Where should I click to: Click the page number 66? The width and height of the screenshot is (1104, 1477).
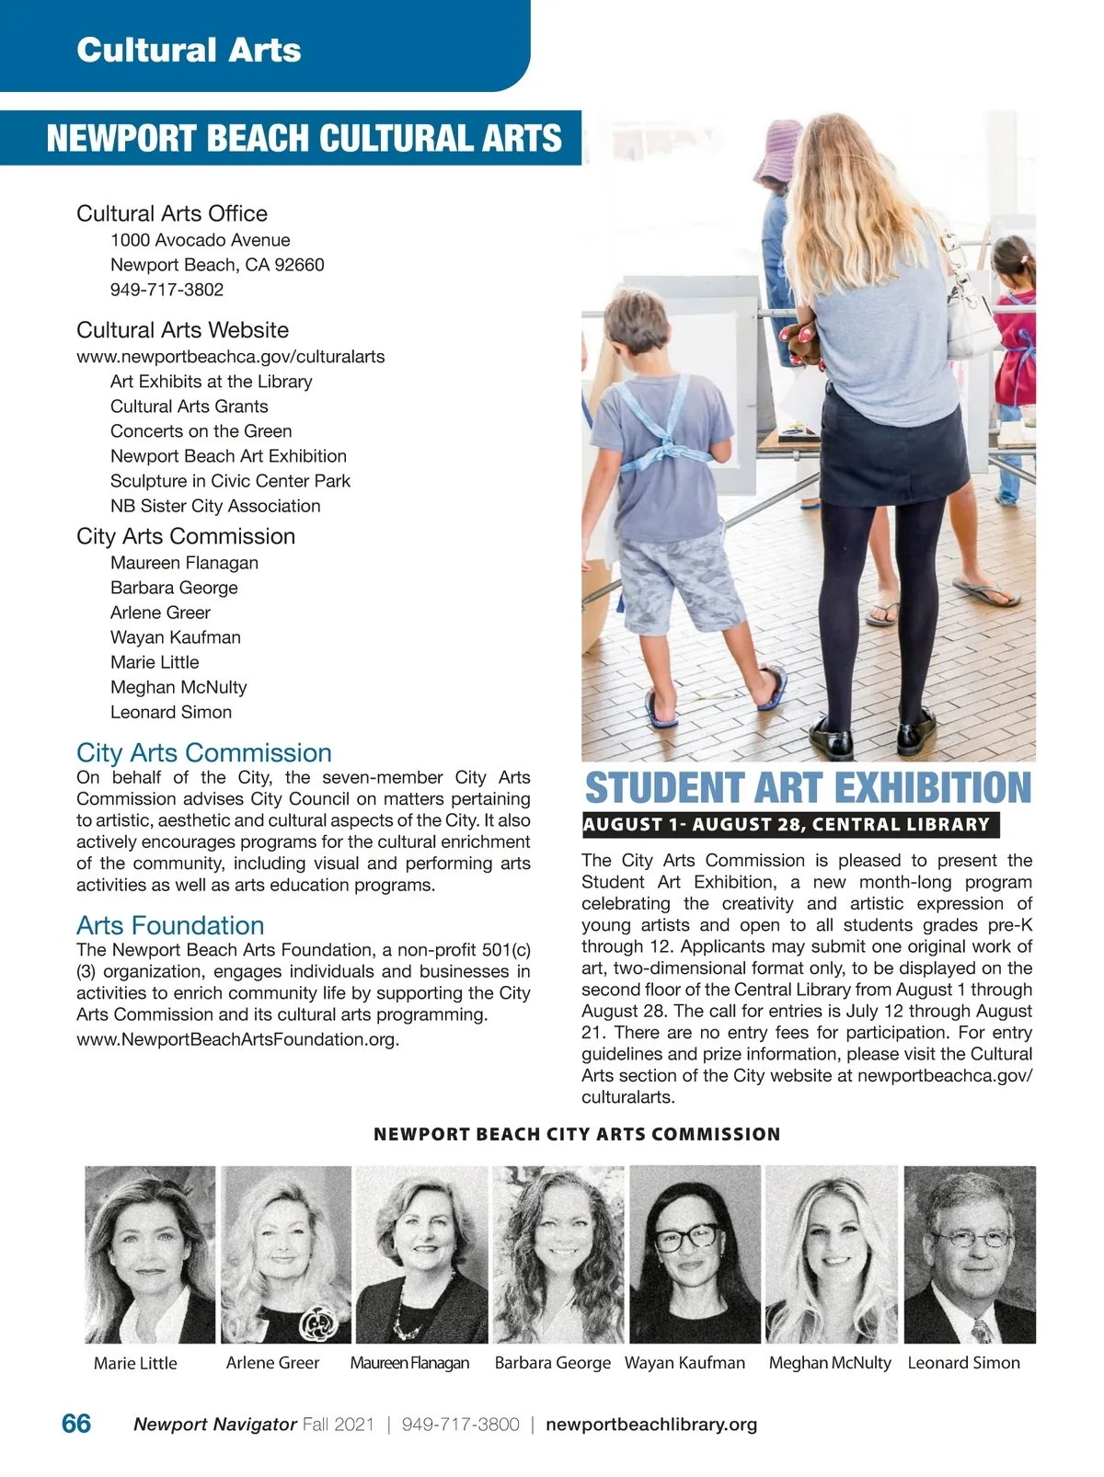click(x=76, y=1424)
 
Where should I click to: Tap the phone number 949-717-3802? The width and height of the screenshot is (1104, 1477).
click(x=167, y=290)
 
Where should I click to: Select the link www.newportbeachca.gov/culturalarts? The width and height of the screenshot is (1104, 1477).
click(x=230, y=357)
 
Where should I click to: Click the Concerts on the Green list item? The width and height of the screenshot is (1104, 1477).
click(x=201, y=431)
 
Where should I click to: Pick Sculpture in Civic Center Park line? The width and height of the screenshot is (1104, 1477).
click(x=230, y=481)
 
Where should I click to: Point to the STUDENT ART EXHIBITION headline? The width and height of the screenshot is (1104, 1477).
click(x=808, y=788)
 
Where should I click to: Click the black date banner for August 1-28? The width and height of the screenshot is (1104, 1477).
click(x=789, y=825)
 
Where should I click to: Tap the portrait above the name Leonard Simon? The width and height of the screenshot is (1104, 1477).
click(x=970, y=1254)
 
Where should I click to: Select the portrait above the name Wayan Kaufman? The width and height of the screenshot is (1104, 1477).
click(x=695, y=1254)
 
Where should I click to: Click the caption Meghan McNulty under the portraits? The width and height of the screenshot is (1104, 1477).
click(x=830, y=1363)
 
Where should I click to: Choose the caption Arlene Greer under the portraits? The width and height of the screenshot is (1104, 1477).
click(x=272, y=1363)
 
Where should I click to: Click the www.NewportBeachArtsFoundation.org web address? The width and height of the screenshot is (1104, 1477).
click(x=237, y=1040)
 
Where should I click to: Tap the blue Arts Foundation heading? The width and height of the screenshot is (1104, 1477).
click(x=170, y=925)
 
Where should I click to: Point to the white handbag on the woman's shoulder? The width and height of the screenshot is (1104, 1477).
click(x=970, y=303)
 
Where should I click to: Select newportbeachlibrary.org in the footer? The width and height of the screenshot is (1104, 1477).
click(x=651, y=1425)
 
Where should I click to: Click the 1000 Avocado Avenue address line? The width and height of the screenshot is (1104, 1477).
click(x=200, y=240)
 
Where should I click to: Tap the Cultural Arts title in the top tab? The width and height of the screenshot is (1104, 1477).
click(x=189, y=50)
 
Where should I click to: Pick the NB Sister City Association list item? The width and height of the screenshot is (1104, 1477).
click(x=215, y=506)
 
